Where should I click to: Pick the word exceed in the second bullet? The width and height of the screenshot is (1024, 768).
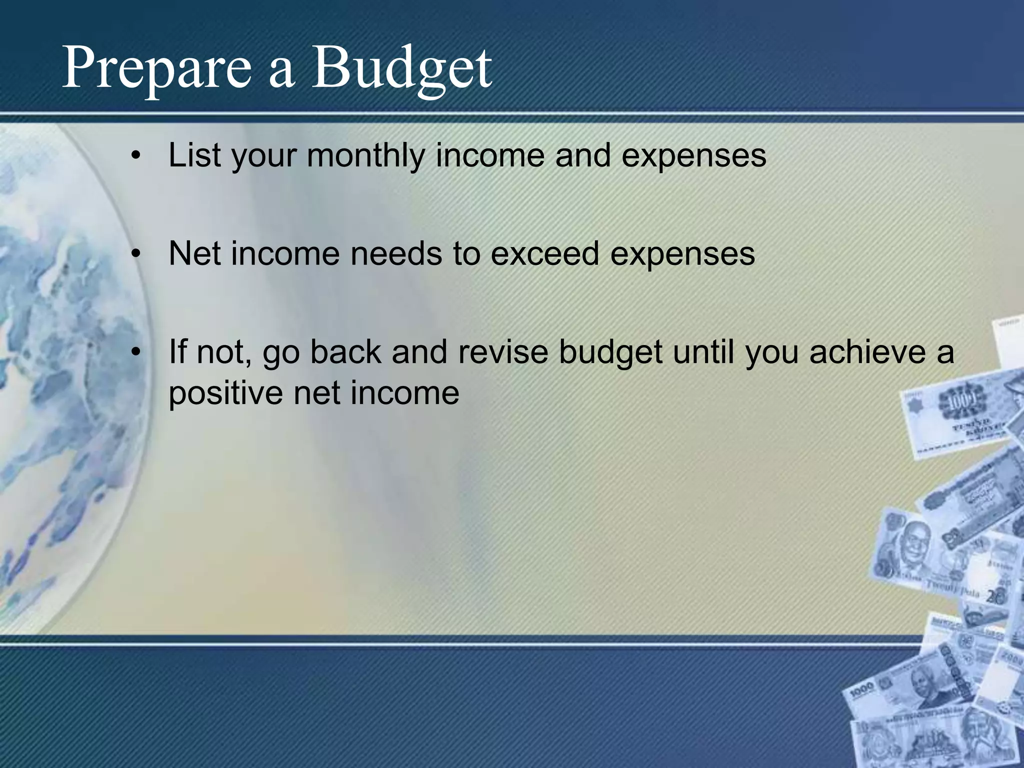point(544,253)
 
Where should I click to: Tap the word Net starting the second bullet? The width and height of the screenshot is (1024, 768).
point(195,253)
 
